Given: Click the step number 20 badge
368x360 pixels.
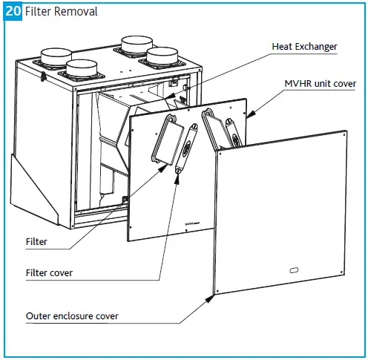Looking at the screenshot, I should click(13, 12).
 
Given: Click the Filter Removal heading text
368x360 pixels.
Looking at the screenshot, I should click(61, 12).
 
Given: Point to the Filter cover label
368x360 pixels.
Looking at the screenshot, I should click(49, 273).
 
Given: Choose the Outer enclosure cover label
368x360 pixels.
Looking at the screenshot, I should click(72, 316).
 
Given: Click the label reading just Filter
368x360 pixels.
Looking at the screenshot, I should click(37, 242).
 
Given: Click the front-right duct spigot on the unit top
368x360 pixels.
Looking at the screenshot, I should click(162, 59).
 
